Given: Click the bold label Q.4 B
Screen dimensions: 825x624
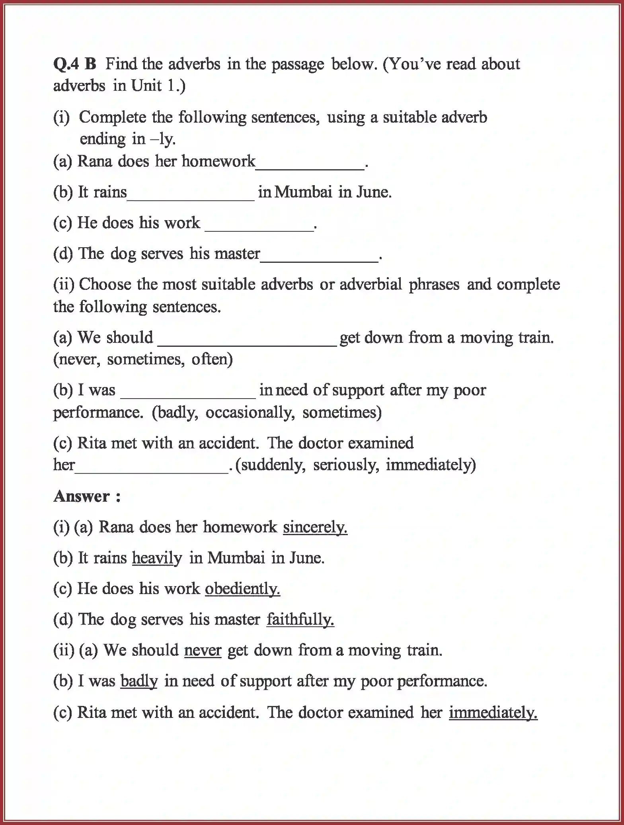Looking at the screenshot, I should [75, 64].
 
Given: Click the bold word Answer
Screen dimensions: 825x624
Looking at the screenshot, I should [82, 497].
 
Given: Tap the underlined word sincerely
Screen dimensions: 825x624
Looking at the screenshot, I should [315, 527].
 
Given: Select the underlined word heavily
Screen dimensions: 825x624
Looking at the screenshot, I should [157, 558].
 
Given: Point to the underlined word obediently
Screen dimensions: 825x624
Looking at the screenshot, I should [242, 588].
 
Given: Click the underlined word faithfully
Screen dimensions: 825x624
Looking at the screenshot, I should [300, 620].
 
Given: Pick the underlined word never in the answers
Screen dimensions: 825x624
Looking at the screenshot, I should [203, 650].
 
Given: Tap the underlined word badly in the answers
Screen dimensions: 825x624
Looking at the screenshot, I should [139, 681].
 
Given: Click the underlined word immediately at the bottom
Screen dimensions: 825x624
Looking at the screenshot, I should [493, 712].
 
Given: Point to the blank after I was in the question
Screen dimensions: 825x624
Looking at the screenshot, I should [188, 394].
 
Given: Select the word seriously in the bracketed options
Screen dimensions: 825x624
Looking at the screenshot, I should [345, 465].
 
